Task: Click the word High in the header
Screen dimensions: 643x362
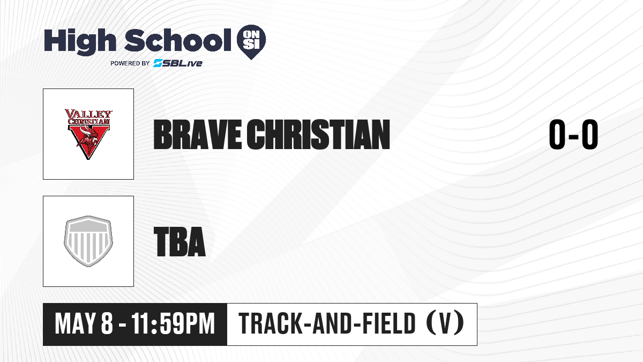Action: point(80,41)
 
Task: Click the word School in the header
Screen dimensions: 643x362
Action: point(178,40)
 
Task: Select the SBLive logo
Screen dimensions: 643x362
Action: point(178,63)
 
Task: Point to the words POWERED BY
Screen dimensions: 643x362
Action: point(130,63)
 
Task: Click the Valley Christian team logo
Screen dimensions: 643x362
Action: point(88,134)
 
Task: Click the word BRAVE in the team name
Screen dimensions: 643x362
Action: point(197,135)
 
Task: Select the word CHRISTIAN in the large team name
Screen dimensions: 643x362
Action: point(318,135)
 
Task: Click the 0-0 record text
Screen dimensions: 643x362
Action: point(573,135)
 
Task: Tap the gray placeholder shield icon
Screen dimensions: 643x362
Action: point(88,241)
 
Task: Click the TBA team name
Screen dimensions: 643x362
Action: point(180,242)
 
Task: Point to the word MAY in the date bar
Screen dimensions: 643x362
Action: point(74,324)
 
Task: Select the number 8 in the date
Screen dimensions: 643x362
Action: point(107,324)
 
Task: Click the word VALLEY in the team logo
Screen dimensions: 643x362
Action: point(88,114)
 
